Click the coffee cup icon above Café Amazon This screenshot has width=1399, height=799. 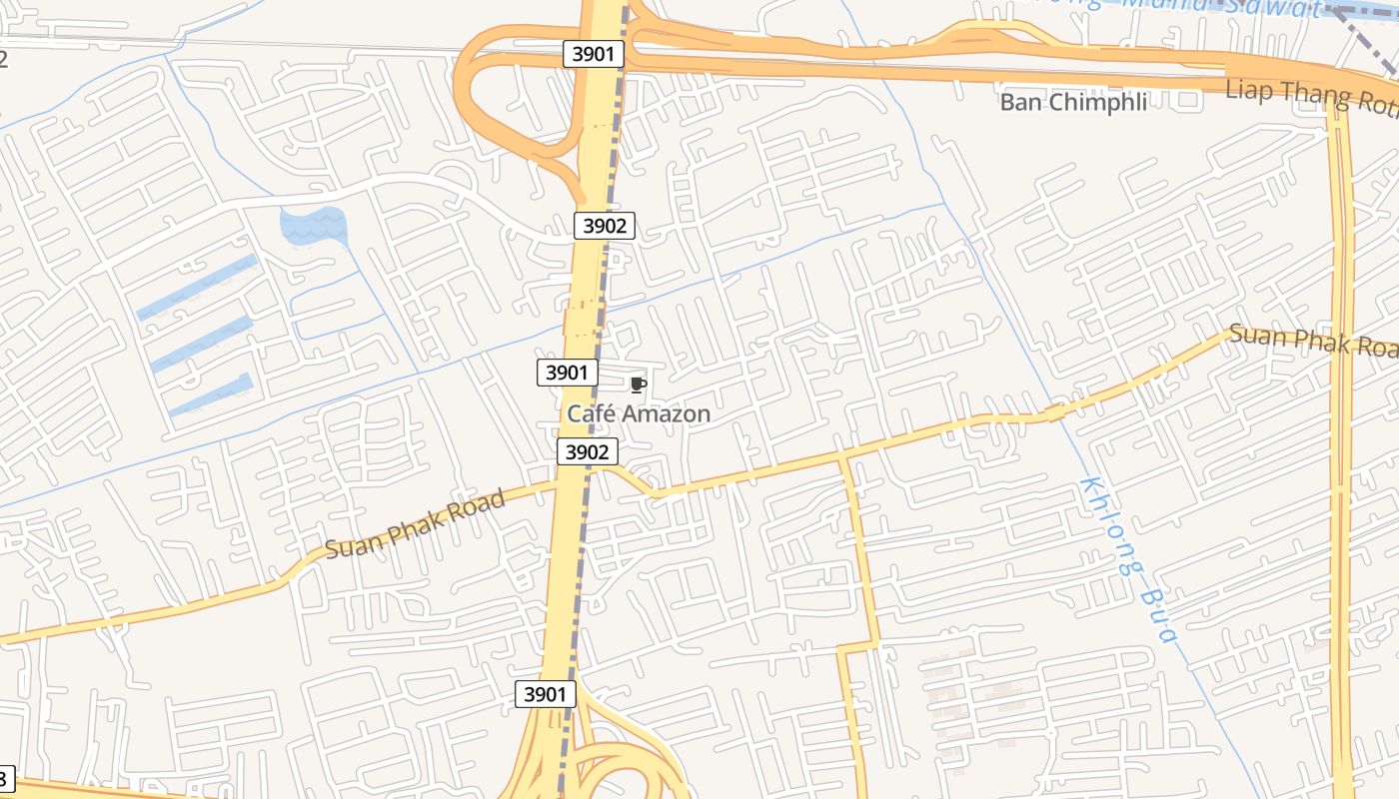coord(639,385)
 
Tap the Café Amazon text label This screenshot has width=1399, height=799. coord(639,413)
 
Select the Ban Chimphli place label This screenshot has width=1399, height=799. coord(1073,101)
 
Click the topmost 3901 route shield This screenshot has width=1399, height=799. coord(594,54)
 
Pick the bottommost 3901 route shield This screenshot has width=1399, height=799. coord(546,694)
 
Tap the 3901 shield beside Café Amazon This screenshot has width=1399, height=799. coord(567,373)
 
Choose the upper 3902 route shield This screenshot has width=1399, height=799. coord(605,226)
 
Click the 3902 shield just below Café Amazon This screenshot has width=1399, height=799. coord(587,452)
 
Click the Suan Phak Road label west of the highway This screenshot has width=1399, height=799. coord(415,525)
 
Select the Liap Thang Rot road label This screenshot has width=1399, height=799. coord(1311,97)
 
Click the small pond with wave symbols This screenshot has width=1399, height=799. coord(313,225)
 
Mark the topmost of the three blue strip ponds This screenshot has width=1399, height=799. coord(198,287)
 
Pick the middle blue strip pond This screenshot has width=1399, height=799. coord(201,344)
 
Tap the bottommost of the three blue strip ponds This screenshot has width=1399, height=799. coord(210,394)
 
